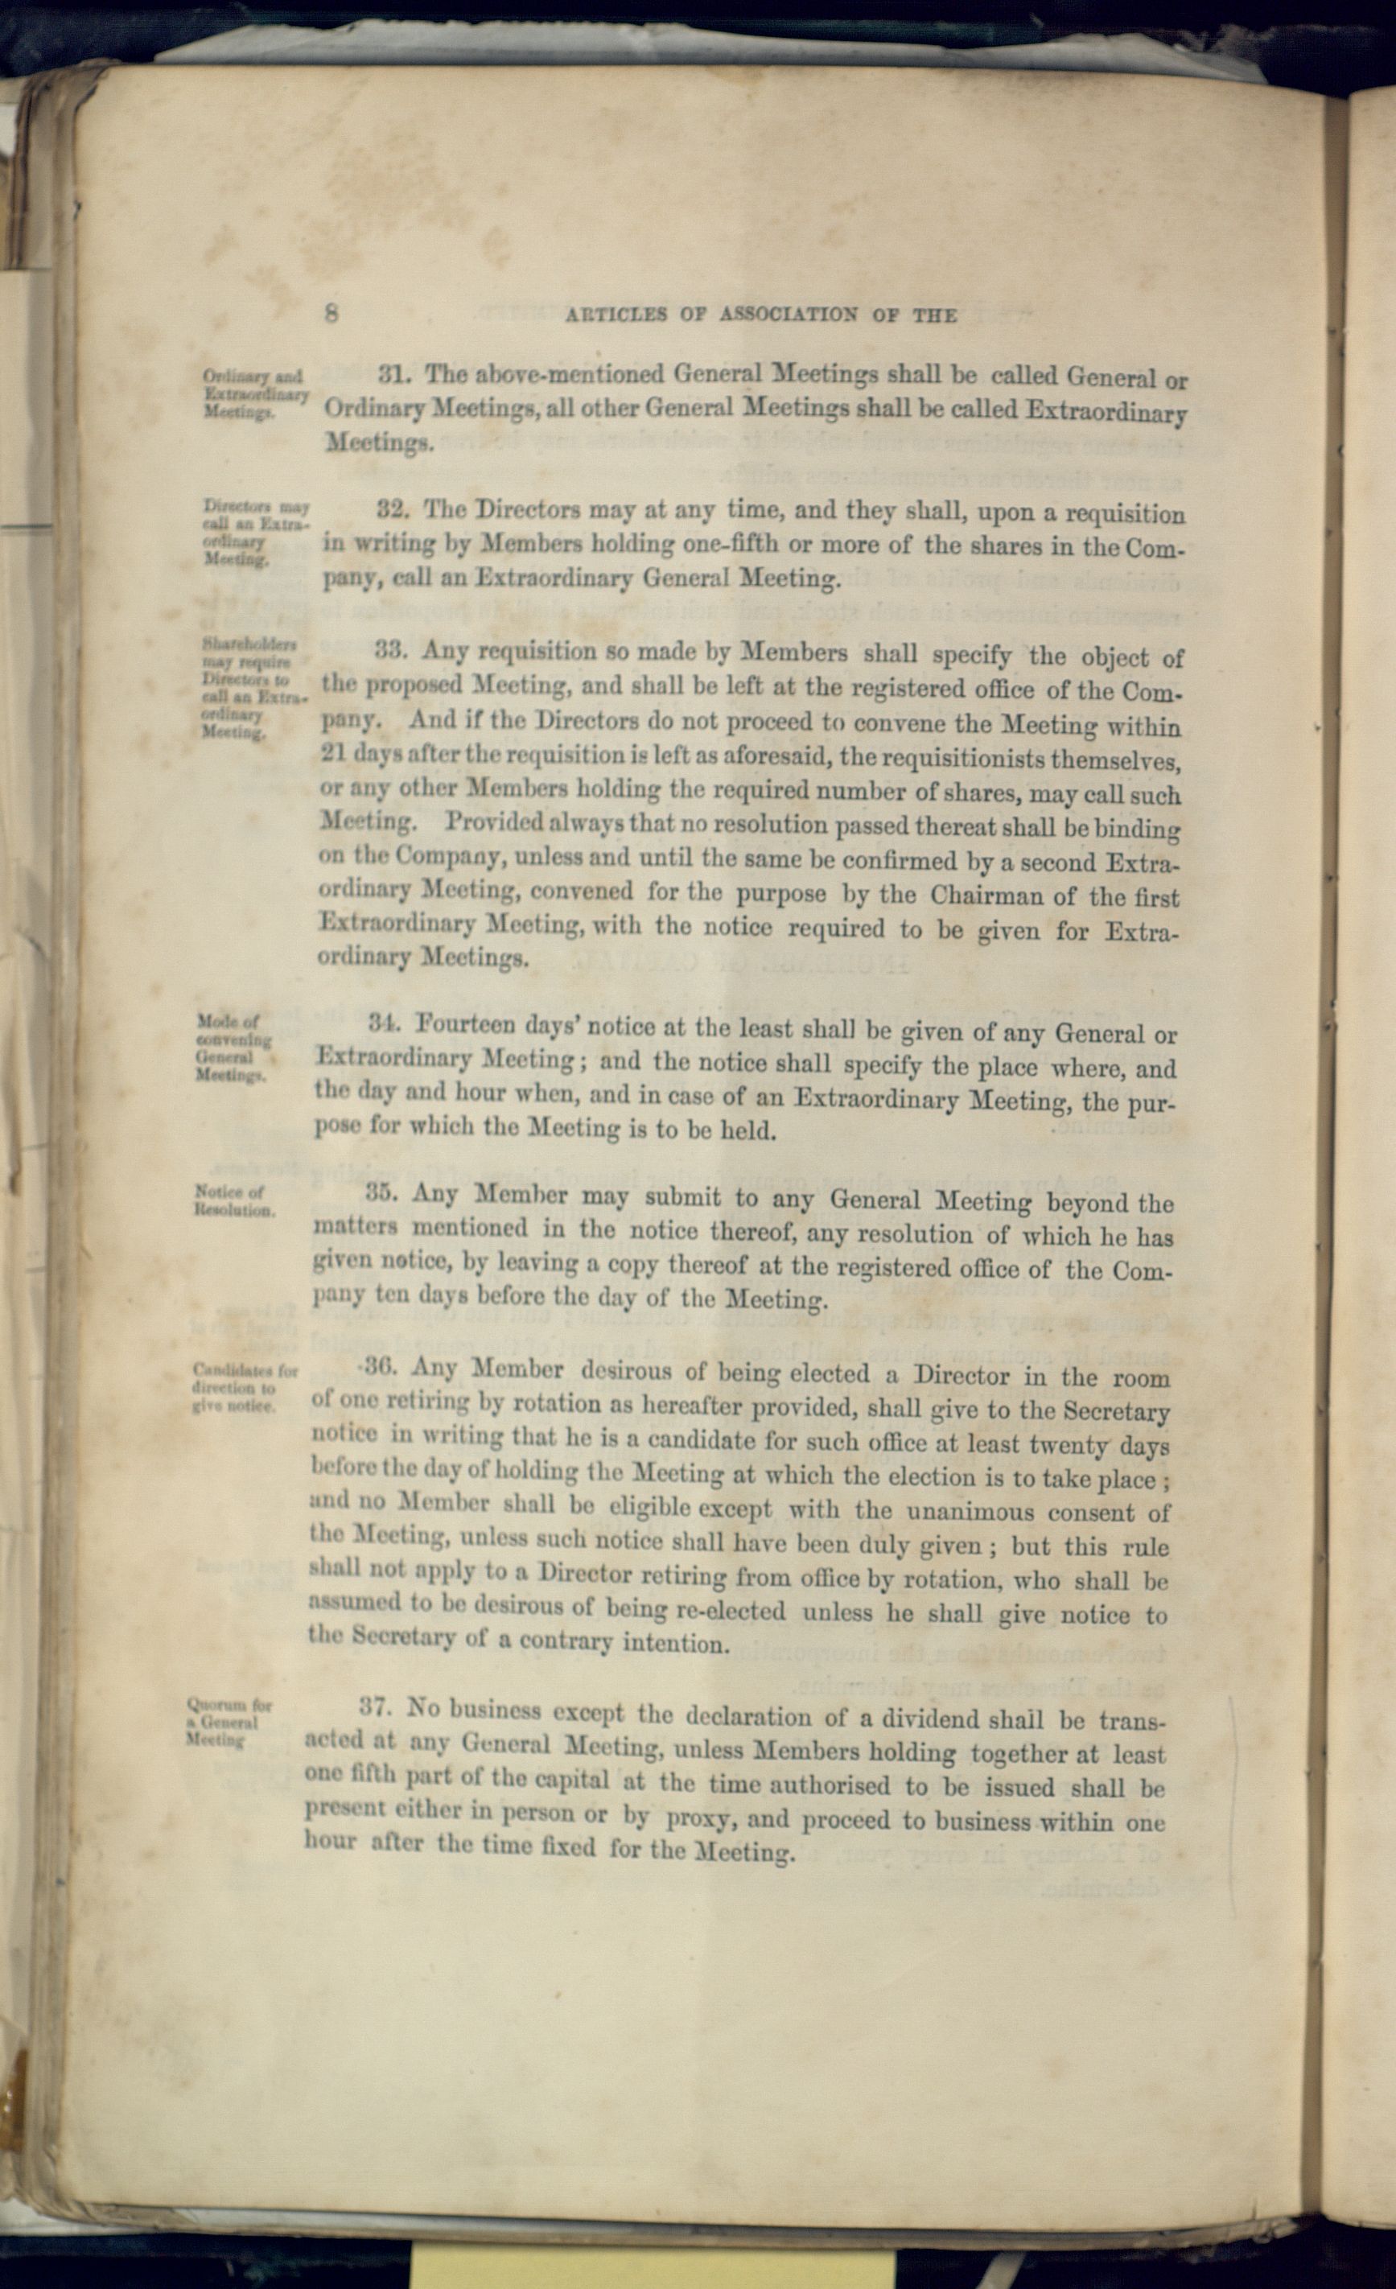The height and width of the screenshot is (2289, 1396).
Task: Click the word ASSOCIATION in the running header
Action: (x=789, y=314)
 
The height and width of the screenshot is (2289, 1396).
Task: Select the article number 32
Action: (x=397, y=509)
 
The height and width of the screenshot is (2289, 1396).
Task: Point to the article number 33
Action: (x=395, y=650)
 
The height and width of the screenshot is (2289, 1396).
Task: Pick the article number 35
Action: (x=385, y=1192)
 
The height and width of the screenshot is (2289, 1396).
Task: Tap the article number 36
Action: (x=381, y=1368)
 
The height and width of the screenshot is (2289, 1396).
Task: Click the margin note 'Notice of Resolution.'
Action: (x=234, y=1201)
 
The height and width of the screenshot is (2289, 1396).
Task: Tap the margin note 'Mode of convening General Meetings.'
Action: (x=233, y=1048)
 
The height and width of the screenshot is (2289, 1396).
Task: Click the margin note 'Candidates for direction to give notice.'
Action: (x=243, y=1386)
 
